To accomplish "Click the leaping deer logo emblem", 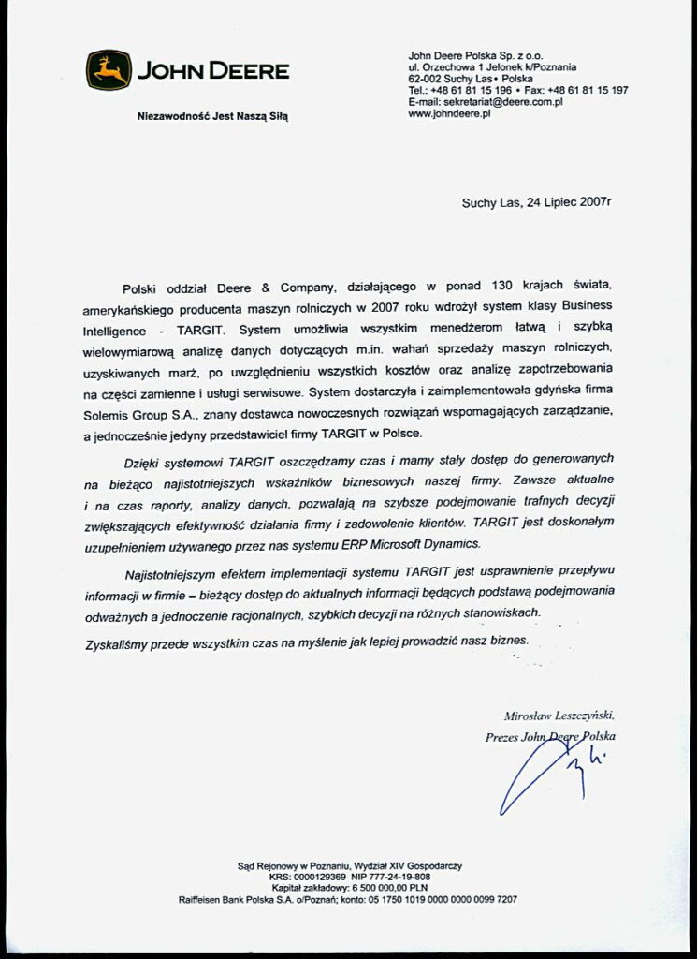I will [109, 70].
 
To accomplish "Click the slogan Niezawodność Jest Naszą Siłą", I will [213, 117].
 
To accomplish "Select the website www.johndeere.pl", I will [450, 113].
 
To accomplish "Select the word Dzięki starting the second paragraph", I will [144, 462].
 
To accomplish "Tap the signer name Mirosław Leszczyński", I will [559, 716].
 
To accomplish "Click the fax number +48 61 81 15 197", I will [588, 91].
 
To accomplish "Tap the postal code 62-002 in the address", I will [427, 80].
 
